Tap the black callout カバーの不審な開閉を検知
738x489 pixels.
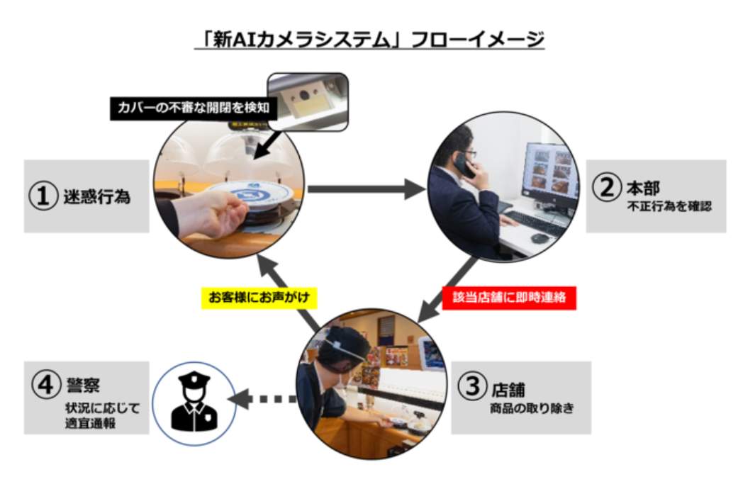coord(188,108)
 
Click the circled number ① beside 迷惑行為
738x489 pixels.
coord(43,196)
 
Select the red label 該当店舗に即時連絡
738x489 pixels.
coord(509,298)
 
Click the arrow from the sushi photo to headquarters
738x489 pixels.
coord(364,189)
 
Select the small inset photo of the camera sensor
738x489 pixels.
coord(306,101)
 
